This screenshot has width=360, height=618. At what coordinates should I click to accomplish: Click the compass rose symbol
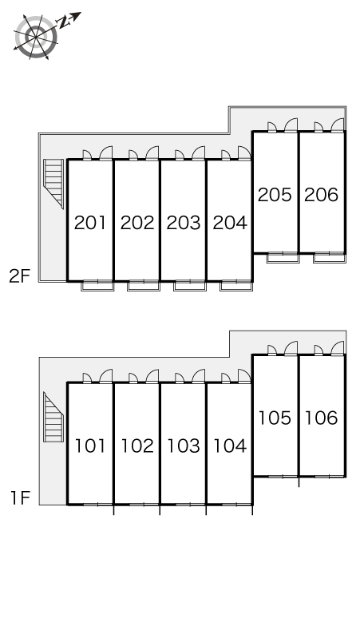pos(36,37)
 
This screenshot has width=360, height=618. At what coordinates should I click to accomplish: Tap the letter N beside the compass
pos(63,22)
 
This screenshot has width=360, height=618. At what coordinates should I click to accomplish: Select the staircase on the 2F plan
pos(53,183)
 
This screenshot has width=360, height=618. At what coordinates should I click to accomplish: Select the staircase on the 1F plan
pos(53,417)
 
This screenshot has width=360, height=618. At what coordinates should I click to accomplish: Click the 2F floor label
pos(20,276)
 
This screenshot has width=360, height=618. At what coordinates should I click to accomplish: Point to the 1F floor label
pos(21,498)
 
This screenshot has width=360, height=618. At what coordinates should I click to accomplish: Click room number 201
pos(90,223)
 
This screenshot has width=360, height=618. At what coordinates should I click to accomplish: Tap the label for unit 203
pos(184,223)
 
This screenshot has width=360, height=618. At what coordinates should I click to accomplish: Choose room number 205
pos(275,195)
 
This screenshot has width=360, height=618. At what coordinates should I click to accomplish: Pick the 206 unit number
pos(322,195)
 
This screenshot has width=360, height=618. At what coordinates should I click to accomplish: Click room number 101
pos(90,446)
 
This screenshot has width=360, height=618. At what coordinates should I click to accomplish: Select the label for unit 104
pos(230,446)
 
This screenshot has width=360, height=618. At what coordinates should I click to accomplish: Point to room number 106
pos(322,418)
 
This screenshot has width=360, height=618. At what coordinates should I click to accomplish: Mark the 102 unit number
pos(137,446)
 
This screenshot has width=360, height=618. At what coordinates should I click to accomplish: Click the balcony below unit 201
pos(97,285)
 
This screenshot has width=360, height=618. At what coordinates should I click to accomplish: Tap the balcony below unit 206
pos(330,257)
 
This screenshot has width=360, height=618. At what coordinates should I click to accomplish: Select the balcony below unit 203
pos(190,285)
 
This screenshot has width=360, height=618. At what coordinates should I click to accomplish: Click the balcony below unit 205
pos(283,257)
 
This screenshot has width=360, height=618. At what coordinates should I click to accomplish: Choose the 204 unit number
pos(230,223)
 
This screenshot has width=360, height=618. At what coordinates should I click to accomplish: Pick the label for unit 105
pos(275,418)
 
